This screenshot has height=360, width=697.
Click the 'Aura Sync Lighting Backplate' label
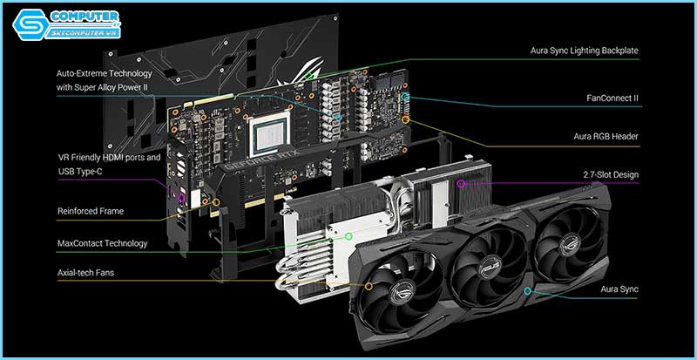(585, 51)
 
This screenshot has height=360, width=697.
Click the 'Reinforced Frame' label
(91, 211)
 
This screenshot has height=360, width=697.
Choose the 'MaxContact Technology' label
(103, 243)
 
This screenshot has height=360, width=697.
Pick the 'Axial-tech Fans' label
(86, 273)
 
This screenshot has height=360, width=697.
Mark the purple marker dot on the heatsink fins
(461, 184)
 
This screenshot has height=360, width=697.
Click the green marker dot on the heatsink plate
(348, 235)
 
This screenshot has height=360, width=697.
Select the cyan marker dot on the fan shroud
(527, 290)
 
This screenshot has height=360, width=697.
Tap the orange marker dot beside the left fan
(369, 285)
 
